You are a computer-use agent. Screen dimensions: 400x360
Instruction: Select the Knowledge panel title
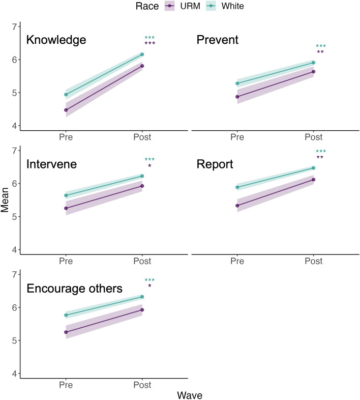[56, 40]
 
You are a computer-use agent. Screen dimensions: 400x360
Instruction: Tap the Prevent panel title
[217, 40]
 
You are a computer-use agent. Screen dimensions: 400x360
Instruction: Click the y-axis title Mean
[6, 199]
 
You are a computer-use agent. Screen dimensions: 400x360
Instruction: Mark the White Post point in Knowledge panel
[142, 54]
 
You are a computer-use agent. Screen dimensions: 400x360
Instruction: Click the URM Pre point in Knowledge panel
[66, 110]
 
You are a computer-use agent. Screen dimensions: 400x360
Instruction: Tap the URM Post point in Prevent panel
[313, 72]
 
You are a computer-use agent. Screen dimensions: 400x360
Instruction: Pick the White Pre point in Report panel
[237, 187]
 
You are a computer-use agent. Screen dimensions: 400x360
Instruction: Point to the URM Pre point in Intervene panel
[66, 208]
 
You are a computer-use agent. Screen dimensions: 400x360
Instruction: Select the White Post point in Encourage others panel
[142, 297]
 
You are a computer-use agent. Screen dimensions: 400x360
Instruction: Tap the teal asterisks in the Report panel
[320, 151]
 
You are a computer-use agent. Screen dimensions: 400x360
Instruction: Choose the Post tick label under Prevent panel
[313, 137]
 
